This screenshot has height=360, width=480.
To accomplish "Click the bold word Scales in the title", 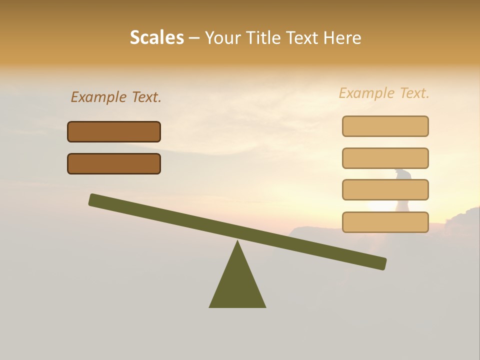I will (156, 38).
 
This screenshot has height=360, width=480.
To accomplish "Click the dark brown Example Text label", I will (116, 97).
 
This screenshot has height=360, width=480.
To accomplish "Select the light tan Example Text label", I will (384, 93).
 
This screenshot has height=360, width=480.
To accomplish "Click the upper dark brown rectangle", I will (114, 132).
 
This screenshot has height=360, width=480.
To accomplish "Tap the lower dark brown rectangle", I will (114, 163).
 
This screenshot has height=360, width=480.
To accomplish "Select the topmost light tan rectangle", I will (385, 126).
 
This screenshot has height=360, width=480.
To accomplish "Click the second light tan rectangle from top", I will (385, 158).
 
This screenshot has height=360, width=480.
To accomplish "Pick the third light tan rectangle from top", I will (385, 190).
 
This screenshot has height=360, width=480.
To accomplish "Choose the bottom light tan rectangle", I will (385, 222).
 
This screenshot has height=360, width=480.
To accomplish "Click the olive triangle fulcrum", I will (237, 285).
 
